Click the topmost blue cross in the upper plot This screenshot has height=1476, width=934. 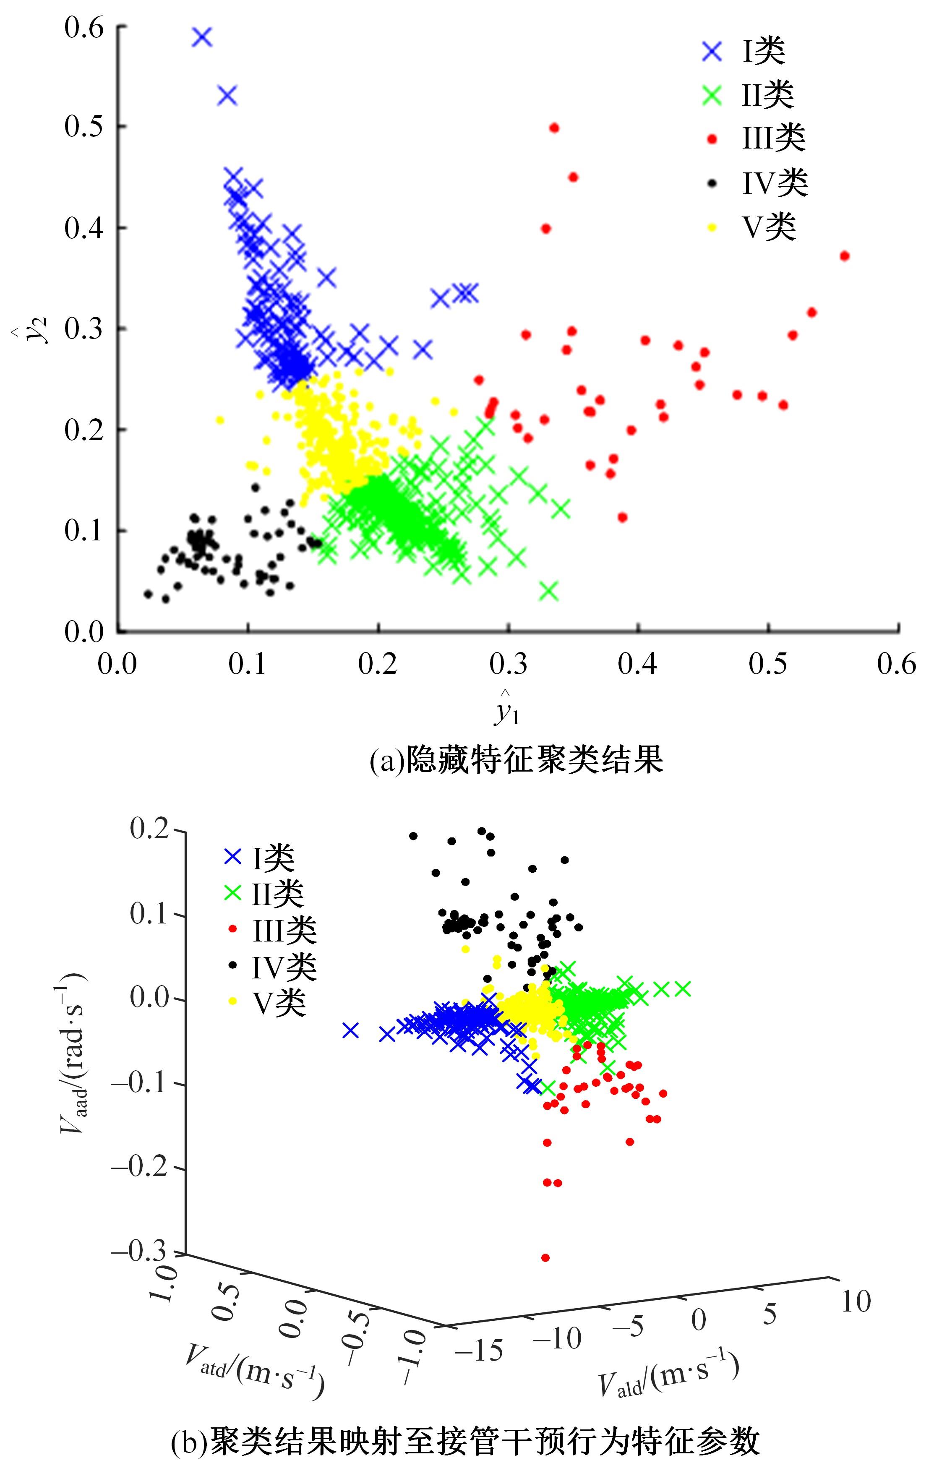[202, 37]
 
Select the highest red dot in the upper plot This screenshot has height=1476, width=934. [554, 128]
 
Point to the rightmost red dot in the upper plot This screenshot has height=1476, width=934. [845, 256]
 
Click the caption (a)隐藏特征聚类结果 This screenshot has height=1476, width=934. [516, 761]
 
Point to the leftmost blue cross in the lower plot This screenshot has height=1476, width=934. [350, 1030]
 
